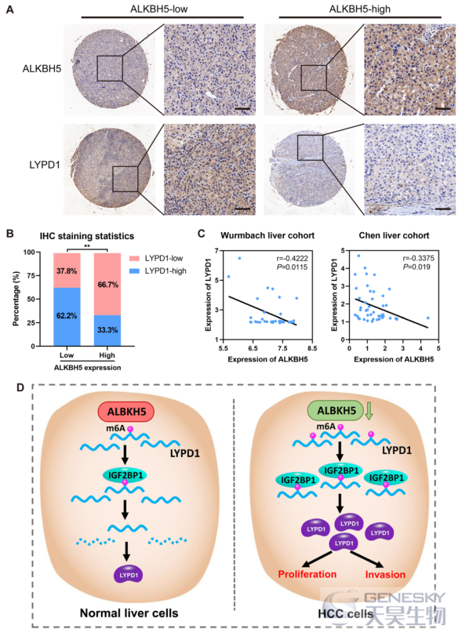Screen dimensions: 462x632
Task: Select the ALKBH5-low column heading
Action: pos(159,9)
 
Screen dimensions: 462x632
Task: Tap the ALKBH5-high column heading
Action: pos(360,9)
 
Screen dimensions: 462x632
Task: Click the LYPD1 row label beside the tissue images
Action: pos(45,165)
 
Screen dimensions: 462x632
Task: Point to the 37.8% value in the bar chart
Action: pos(67,271)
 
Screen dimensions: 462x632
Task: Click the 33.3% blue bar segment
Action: pos(107,331)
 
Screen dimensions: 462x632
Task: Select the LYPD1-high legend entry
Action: pos(159,271)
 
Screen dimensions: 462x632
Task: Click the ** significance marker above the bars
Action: pos(87,245)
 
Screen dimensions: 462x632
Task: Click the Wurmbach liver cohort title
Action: pos(267,235)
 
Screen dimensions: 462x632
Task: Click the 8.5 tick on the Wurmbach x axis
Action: pos(312,349)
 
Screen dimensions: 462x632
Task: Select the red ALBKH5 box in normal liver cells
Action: pos(126,412)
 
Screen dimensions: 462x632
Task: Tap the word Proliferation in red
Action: pos(307,574)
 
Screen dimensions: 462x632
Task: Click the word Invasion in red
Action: pos(385,574)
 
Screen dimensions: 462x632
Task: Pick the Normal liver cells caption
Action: pos(129,613)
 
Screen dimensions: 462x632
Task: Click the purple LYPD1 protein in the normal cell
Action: pos(129,574)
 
